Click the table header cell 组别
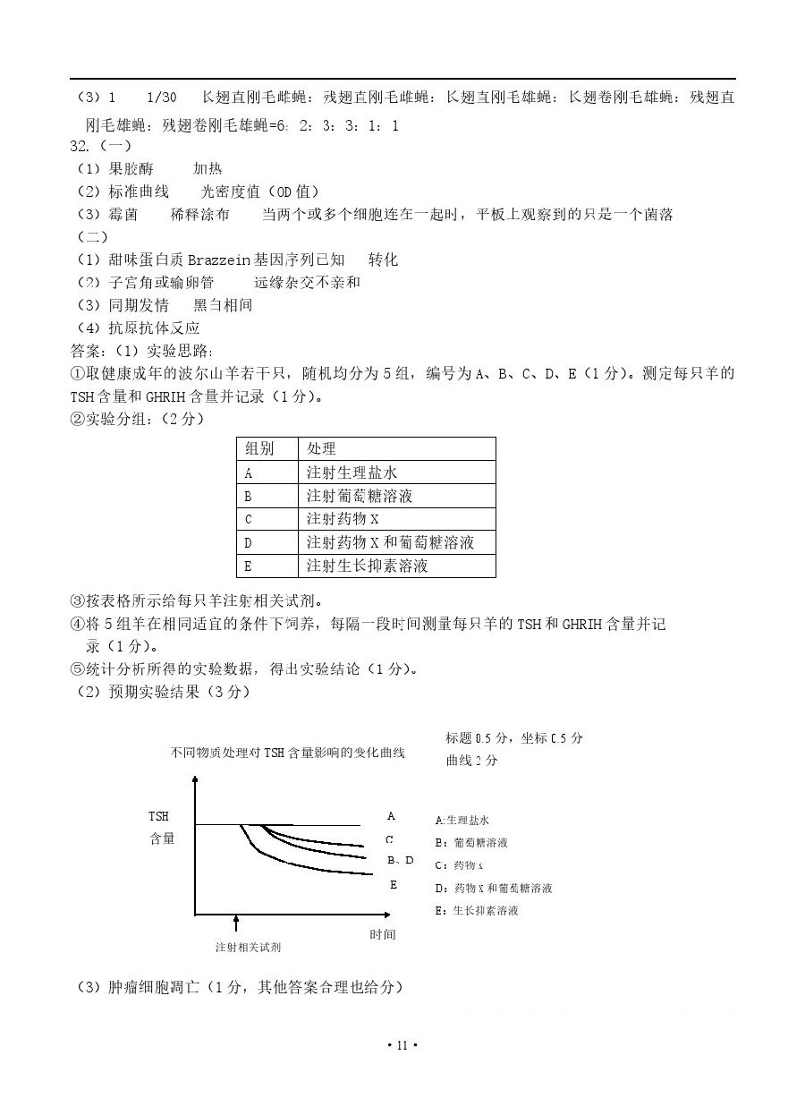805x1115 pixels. coord(259,448)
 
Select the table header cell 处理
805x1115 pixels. coord(321,448)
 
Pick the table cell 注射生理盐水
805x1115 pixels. coord(352,472)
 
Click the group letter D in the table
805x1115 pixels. coord(249,542)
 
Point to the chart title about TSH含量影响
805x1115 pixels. coord(287,753)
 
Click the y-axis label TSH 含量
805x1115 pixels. coord(161,828)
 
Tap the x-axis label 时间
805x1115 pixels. coord(382,934)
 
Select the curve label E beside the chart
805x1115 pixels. coord(393,884)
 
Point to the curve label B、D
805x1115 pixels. coord(400,860)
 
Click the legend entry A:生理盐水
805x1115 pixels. coord(462,820)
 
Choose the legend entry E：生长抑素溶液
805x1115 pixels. coord(476,911)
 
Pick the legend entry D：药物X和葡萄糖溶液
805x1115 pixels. coord(493,889)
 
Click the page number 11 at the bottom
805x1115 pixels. coord(402,1045)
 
